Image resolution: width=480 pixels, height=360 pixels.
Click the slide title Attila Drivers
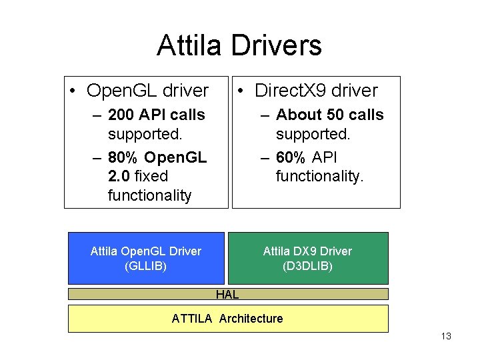[x=239, y=45]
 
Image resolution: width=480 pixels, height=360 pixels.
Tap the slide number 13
[x=446, y=336]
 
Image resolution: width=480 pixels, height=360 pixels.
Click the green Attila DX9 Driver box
[x=307, y=258]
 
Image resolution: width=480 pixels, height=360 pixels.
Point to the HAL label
[x=227, y=294]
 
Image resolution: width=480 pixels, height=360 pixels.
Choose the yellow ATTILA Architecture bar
[x=227, y=319]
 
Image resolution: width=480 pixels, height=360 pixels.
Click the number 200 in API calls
[x=121, y=115]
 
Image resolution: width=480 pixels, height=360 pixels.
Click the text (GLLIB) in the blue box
[x=145, y=266]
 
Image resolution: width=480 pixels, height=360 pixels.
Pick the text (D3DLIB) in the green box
[x=307, y=266]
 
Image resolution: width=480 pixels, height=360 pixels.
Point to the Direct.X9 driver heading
[x=316, y=91]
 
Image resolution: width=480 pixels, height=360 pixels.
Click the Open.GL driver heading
[x=147, y=91]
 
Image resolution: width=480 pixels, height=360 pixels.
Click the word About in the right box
[x=297, y=115]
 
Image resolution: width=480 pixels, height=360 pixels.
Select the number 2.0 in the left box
[x=119, y=176]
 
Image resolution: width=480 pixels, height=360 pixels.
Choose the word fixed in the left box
[x=151, y=176]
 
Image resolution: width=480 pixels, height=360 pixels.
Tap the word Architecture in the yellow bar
[x=251, y=319]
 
